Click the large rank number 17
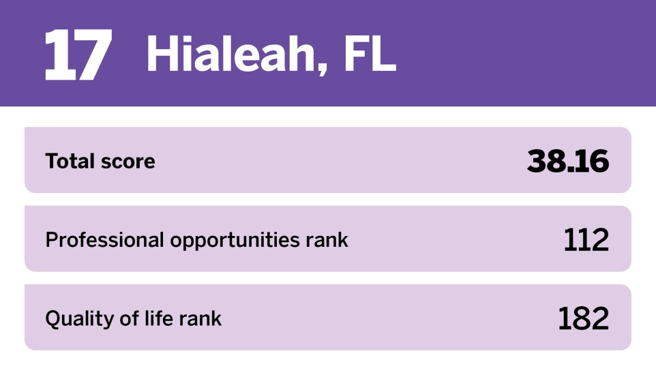pos(78,55)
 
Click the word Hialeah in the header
pos(230,54)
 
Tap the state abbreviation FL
pos(370,54)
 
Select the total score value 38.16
pos(568,161)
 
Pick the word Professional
pos(104,240)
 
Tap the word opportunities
pos(235,241)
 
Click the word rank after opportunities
pos(327,240)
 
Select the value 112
pos(586,240)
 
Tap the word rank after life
pos(200,318)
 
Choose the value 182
pos(584,318)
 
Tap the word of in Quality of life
pos(130,318)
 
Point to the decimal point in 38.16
pos(570,169)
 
